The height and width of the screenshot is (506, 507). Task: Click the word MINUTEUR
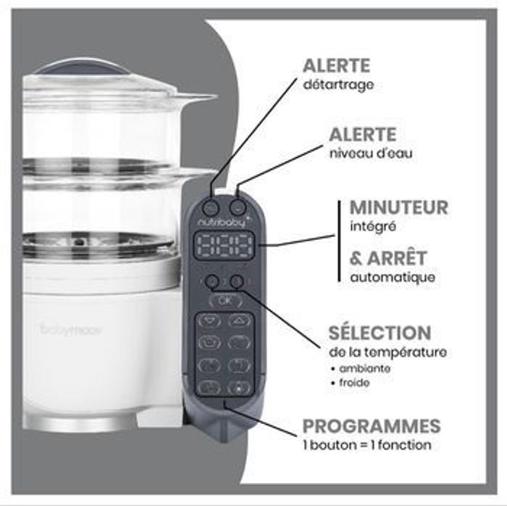[398, 208]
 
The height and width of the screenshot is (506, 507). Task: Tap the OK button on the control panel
[225, 301]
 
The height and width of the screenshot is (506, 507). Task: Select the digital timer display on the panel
[224, 246]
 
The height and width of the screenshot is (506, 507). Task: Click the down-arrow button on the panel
[209, 321]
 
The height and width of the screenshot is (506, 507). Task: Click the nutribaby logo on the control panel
[222, 222]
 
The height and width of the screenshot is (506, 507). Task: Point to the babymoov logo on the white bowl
[72, 330]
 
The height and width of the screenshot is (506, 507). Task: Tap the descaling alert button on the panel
[211, 207]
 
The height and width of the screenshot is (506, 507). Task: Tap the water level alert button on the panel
[238, 207]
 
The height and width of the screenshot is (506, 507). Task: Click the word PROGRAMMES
[372, 426]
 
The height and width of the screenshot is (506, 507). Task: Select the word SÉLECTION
[380, 332]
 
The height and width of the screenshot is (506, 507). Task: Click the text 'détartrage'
[338, 85]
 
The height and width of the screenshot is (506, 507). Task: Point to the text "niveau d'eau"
[371, 153]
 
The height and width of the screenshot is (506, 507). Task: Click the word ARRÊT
[397, 259]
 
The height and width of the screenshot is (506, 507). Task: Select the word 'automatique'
[393, 278]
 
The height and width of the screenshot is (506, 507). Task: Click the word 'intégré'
[373, 226]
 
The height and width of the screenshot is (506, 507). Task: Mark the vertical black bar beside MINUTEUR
[339, 241]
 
